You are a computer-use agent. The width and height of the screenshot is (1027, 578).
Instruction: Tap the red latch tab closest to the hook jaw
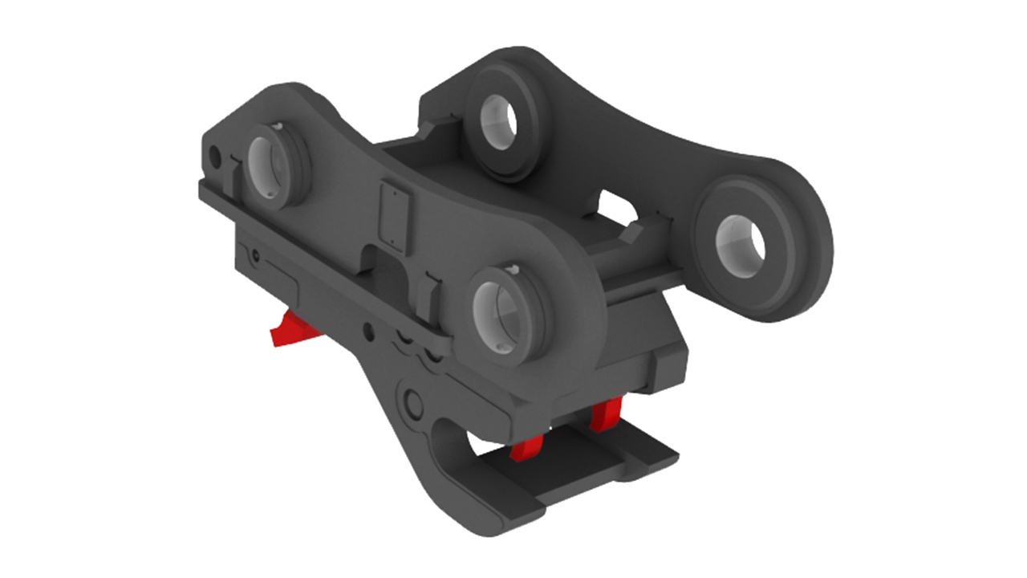click(526, 448)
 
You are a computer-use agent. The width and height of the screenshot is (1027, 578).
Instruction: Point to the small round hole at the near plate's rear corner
click(214, 153)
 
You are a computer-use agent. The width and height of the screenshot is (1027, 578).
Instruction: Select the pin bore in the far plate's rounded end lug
click(740, 241)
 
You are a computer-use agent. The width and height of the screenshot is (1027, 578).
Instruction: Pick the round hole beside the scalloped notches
click(367, 328)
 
